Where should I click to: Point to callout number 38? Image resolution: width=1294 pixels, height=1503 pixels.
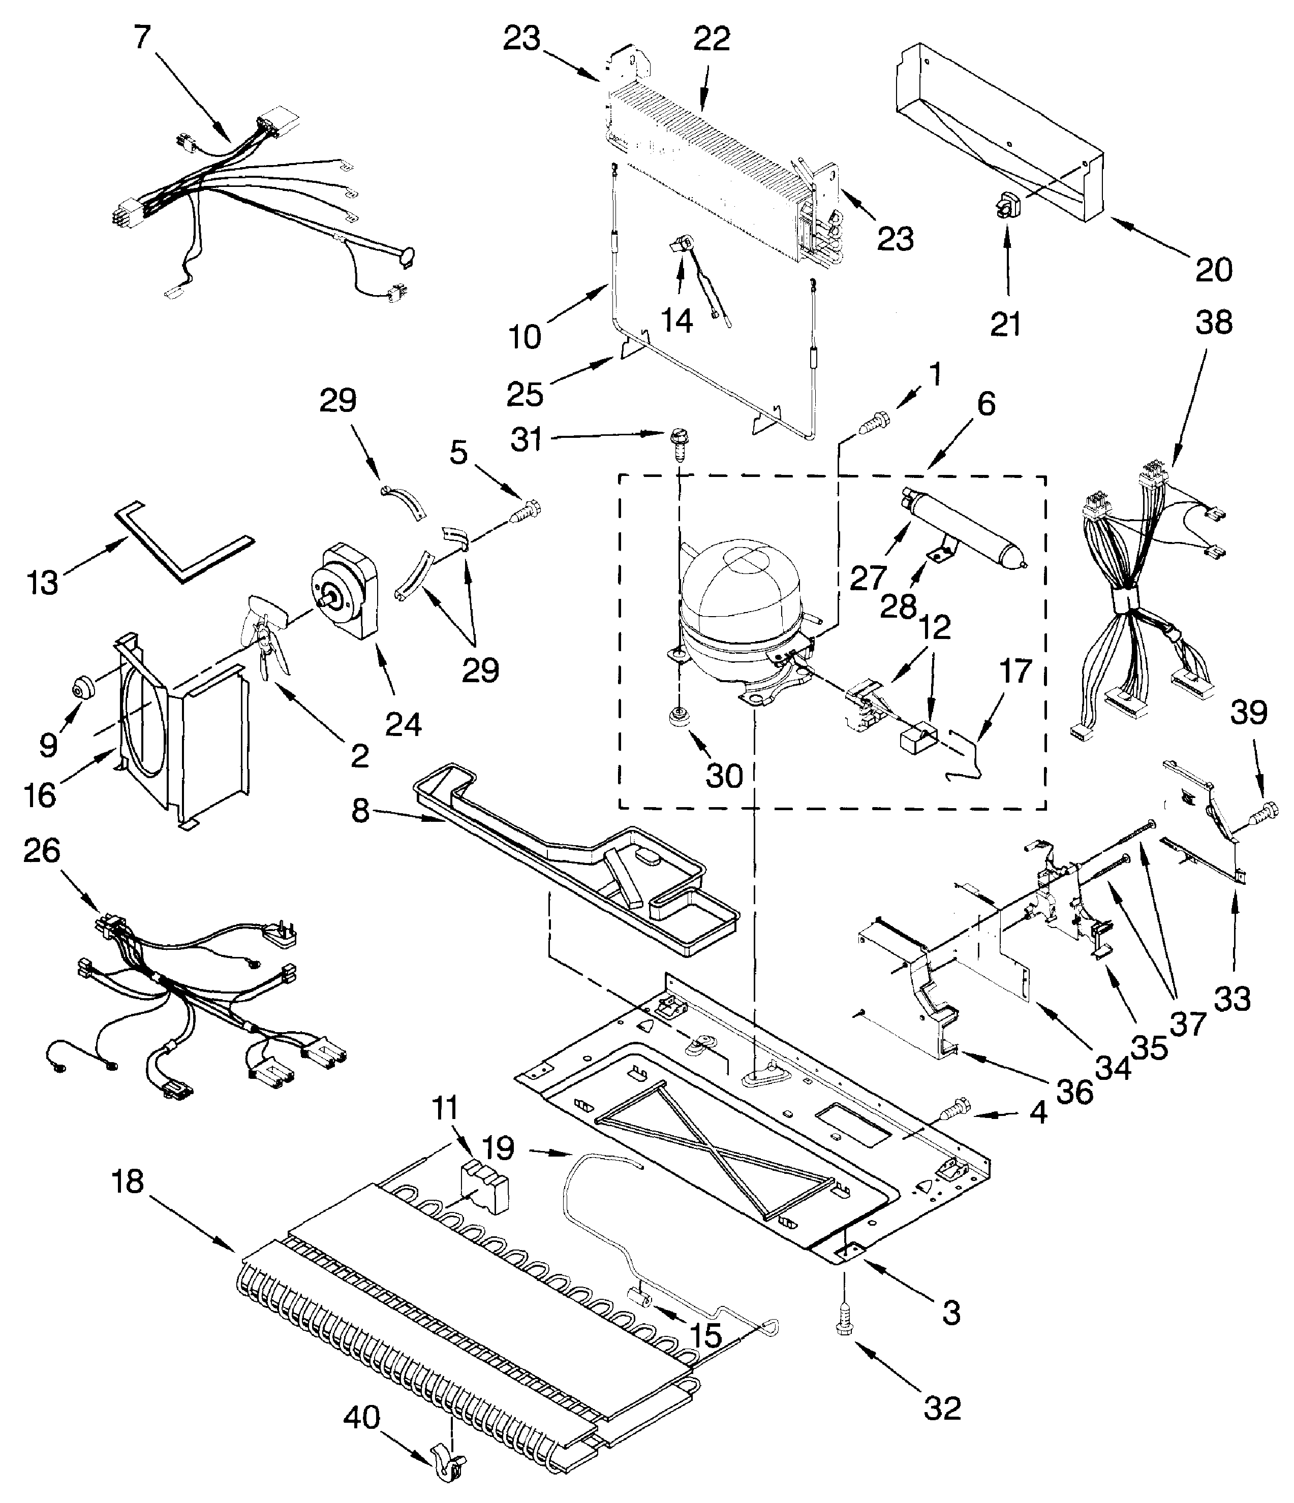tap(1213, 322)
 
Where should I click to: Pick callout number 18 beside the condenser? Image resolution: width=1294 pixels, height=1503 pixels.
tap(128, 1181)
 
